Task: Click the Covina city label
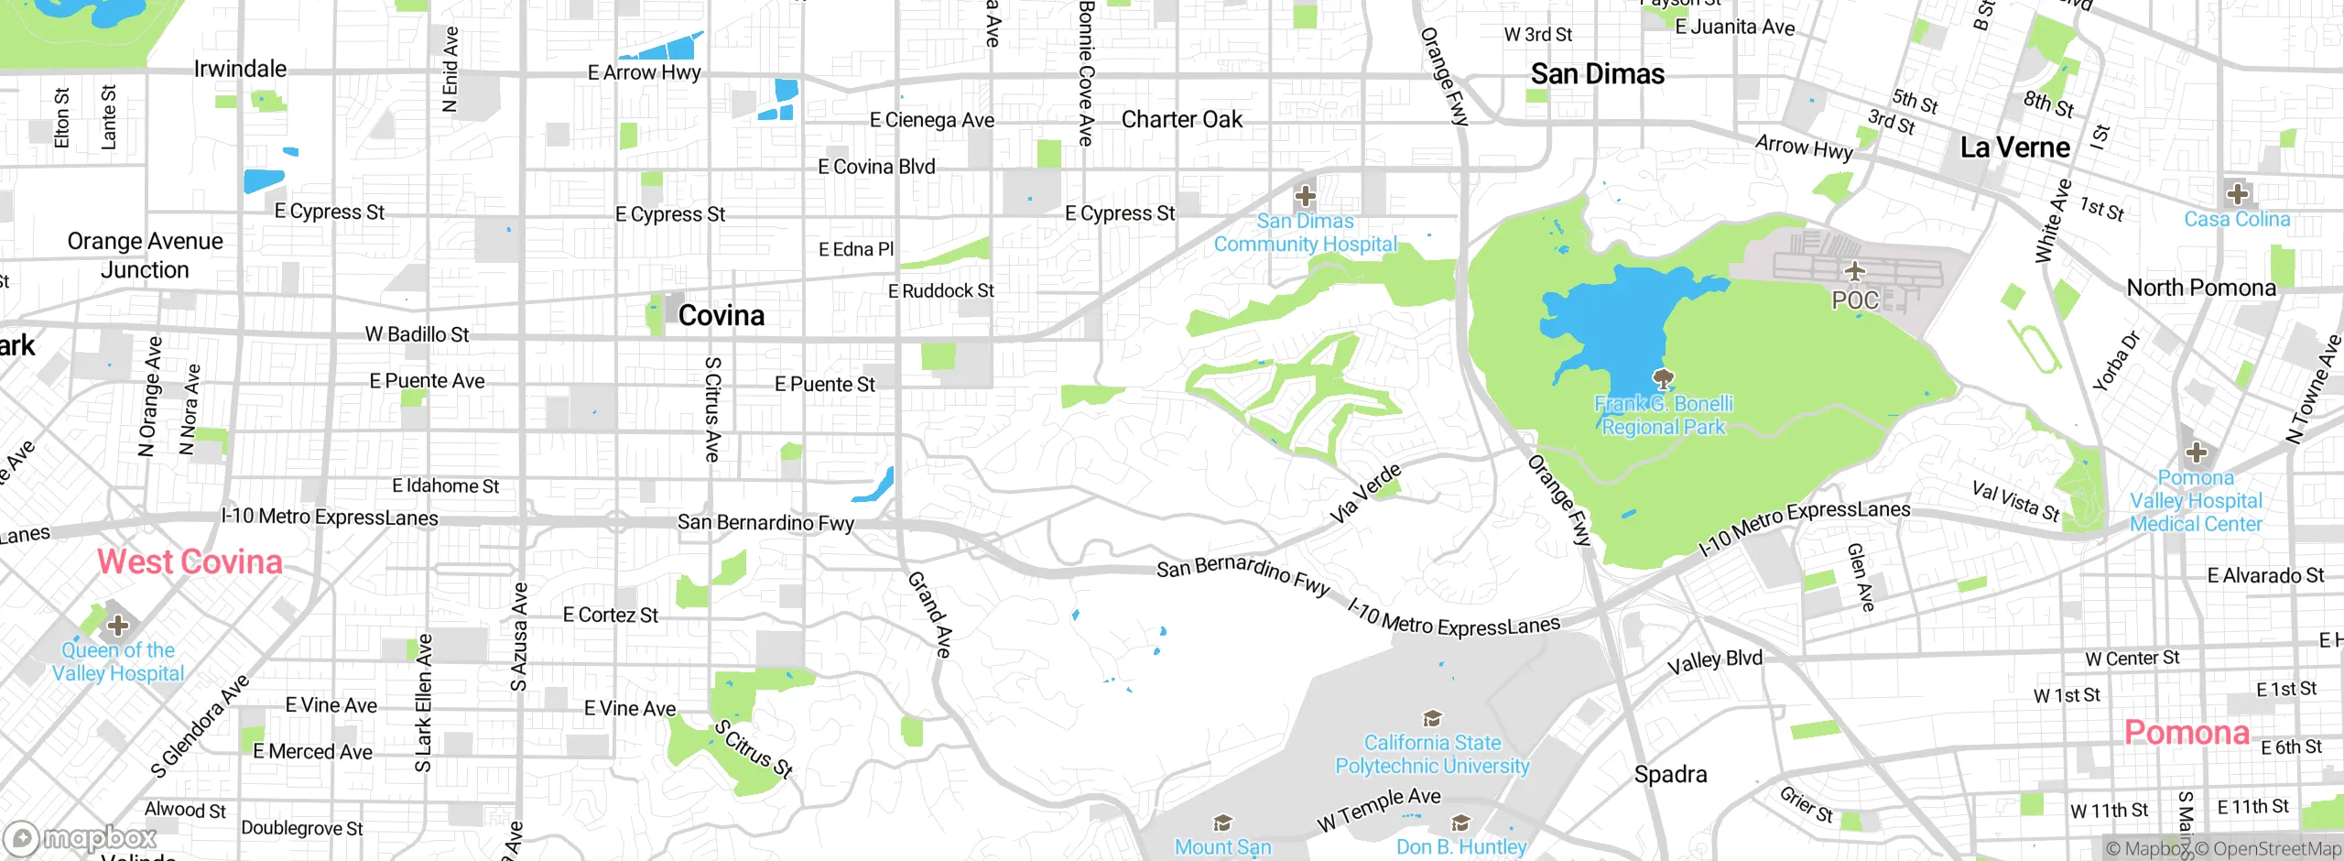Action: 721,316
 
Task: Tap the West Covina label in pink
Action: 190,561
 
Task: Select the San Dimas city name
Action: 1597,74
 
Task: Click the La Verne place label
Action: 2014,147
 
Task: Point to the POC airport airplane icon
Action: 1855,271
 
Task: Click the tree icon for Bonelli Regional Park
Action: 1664,378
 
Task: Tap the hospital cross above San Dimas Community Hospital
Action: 1305,195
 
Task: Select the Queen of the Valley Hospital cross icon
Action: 117,626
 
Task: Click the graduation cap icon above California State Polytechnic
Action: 1432,718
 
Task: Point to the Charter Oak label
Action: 1181,120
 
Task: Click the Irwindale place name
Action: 240,69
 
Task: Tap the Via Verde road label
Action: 1365,493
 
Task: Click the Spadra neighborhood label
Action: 1670,775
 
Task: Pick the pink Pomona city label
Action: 2186,733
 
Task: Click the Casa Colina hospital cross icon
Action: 2238,194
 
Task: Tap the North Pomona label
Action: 2200,289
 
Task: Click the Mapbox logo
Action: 82,838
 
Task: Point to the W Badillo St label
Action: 417,335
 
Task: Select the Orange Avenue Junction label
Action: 145,256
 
